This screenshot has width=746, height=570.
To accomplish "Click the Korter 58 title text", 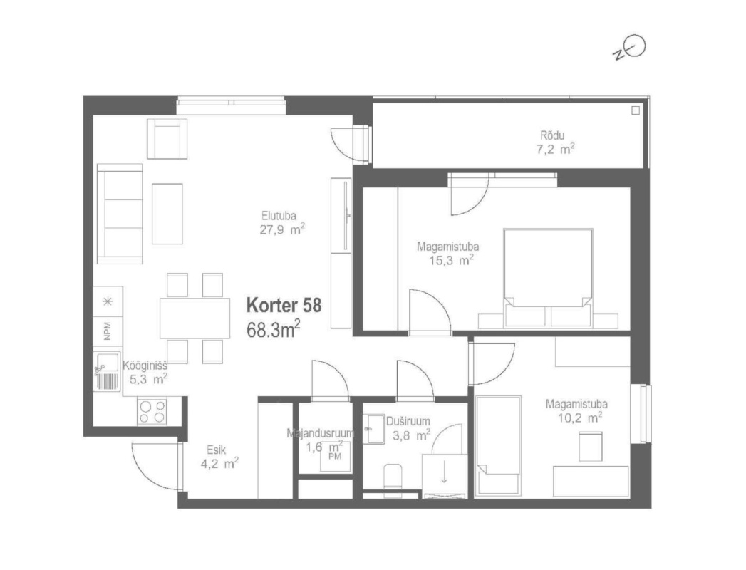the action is tap(284, 306).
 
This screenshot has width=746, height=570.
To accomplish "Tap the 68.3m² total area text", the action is tap(273, 329).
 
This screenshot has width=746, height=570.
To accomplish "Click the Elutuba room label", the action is tap(279, 216).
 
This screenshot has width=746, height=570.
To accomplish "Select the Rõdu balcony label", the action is tap(552, 135).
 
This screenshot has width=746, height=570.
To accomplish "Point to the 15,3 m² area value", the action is tap(451, 260).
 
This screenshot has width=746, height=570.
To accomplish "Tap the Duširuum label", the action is tap(408, 422).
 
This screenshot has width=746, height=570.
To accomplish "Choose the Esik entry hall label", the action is tap(216, 450).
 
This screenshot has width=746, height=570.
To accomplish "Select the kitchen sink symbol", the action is tap(107, 371).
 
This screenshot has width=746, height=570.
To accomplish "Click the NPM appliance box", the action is tap(108, 331).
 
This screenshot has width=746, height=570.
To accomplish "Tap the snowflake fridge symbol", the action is tap(108, 301).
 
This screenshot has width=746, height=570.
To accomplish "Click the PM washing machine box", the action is tap(335, 456).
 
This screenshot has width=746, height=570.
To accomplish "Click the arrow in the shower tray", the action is tap(444, 472).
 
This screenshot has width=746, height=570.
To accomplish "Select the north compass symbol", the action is tap(629, 48).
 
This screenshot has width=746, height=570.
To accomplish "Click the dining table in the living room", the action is tap(195, 318).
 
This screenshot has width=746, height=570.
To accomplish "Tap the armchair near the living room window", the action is tap(167, 138).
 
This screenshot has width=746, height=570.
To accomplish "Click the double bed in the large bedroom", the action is tap(548, 278).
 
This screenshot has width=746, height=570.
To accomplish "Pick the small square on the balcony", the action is tap(635, 110).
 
